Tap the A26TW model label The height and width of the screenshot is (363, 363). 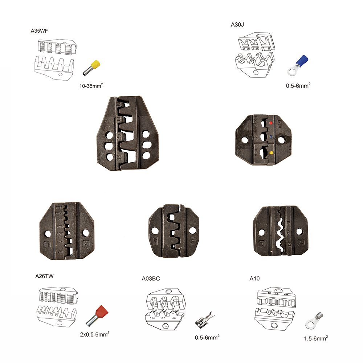[x=45, y=276]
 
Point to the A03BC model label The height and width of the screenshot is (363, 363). [x=151, y=279]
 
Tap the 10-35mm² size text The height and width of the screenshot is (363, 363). [x=92, y=86]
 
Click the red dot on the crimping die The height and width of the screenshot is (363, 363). [x=270, y=123]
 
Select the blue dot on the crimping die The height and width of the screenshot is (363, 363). [x=270, y=137]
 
